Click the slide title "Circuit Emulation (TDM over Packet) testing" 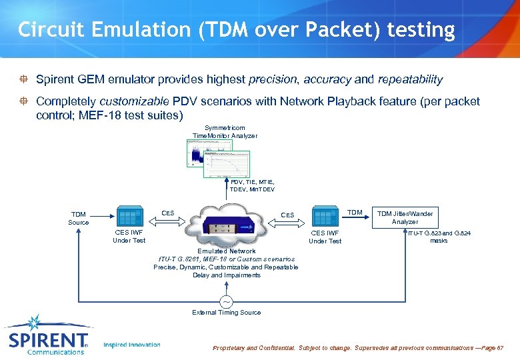236,30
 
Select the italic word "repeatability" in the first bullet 410,79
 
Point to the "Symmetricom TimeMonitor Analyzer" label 225,132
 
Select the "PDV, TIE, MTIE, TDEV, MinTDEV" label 252,185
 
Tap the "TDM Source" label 78,218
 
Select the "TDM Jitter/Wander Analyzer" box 405,217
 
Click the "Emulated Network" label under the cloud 226,251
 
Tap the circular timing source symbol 226,301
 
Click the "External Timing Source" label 226,312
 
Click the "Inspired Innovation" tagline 132,345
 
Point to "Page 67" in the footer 491,349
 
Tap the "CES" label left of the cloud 168,213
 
